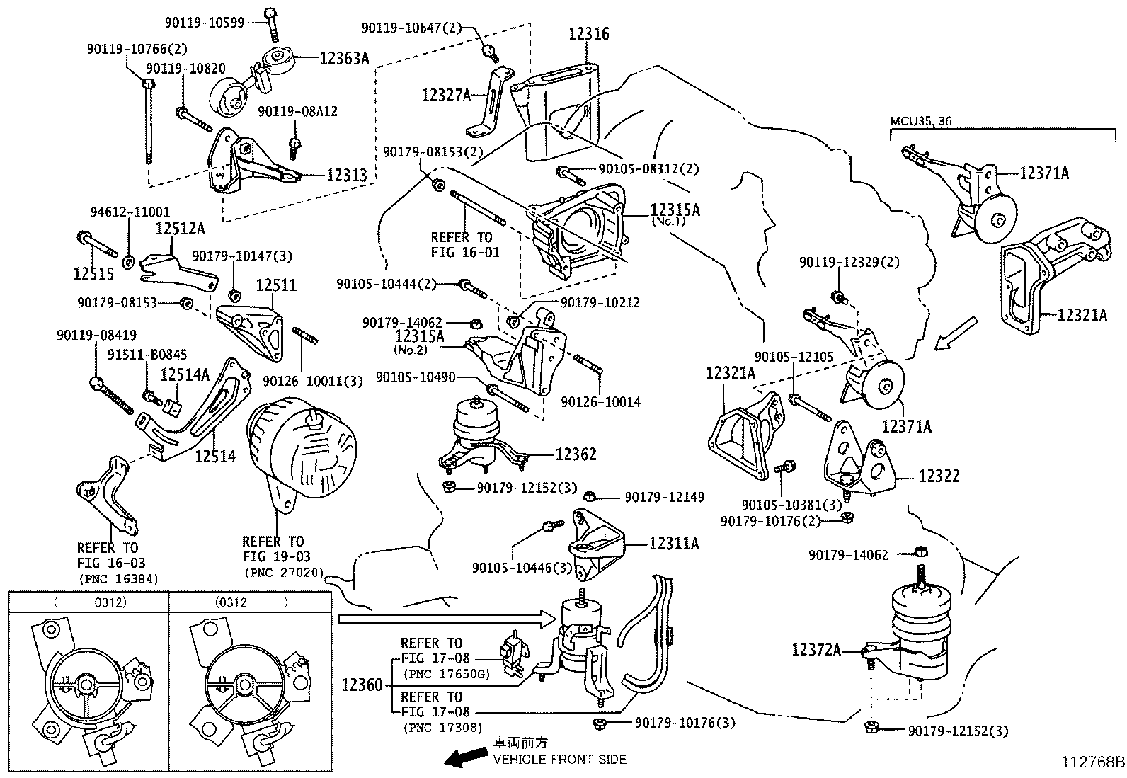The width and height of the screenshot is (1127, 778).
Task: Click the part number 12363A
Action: (344, 59)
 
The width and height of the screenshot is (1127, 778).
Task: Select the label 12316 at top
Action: (588, 34)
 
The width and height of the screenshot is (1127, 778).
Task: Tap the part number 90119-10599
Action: (205, 23)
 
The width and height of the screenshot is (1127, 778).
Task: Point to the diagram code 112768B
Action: (1092, 762)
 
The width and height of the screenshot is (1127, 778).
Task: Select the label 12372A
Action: (816, 649)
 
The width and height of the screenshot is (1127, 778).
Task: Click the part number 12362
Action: (576, 454)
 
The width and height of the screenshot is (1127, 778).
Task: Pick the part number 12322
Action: (939, 476)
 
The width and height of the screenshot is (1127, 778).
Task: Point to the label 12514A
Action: (185, 375)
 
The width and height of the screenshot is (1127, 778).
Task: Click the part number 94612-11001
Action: (130, 212)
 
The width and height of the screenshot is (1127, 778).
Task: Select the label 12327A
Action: (446, 96)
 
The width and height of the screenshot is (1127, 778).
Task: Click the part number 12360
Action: (362, 685)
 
